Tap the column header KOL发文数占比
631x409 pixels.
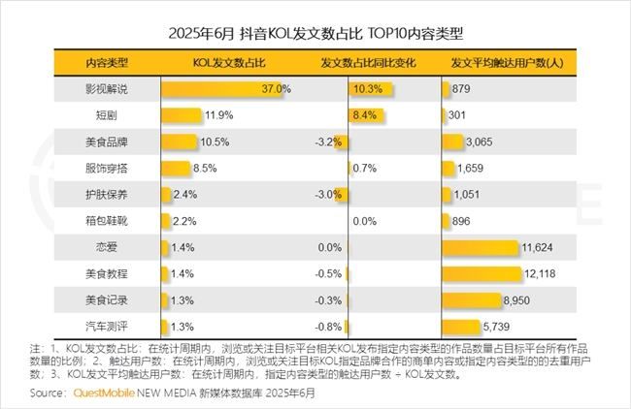point(230,63)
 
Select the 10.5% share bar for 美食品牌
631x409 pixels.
point(179,142)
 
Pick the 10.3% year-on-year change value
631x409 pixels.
point(367,89)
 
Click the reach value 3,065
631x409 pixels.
point(481,142)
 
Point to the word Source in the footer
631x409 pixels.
point(49,394)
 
